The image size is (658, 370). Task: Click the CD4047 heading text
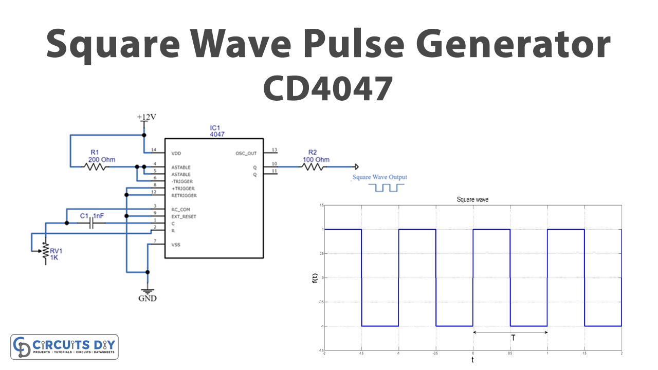[x=328, y=88]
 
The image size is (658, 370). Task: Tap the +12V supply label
[x=147, y=117]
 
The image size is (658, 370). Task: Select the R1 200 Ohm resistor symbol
[x=96, y=167]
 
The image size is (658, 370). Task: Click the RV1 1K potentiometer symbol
[x=45, y=251]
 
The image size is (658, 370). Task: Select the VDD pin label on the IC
[x=177, y=153]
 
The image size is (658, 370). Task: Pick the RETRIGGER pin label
[x=184, y=196]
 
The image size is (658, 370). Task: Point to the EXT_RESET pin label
[x=184, y=216]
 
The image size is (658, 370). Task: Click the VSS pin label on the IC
[x=176, y=245]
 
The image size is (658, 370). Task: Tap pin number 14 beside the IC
[x=153, y=150]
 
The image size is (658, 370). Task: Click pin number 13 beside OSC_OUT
[x=275, y=150]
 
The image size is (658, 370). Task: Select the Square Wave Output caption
[x=379, y=177]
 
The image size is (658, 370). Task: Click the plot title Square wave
[x=472, y=199]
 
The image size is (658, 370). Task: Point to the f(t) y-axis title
[x=315, y=278]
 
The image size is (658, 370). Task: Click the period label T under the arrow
[x=513, y=338]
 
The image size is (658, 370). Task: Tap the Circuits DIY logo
[x=65, y=347]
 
